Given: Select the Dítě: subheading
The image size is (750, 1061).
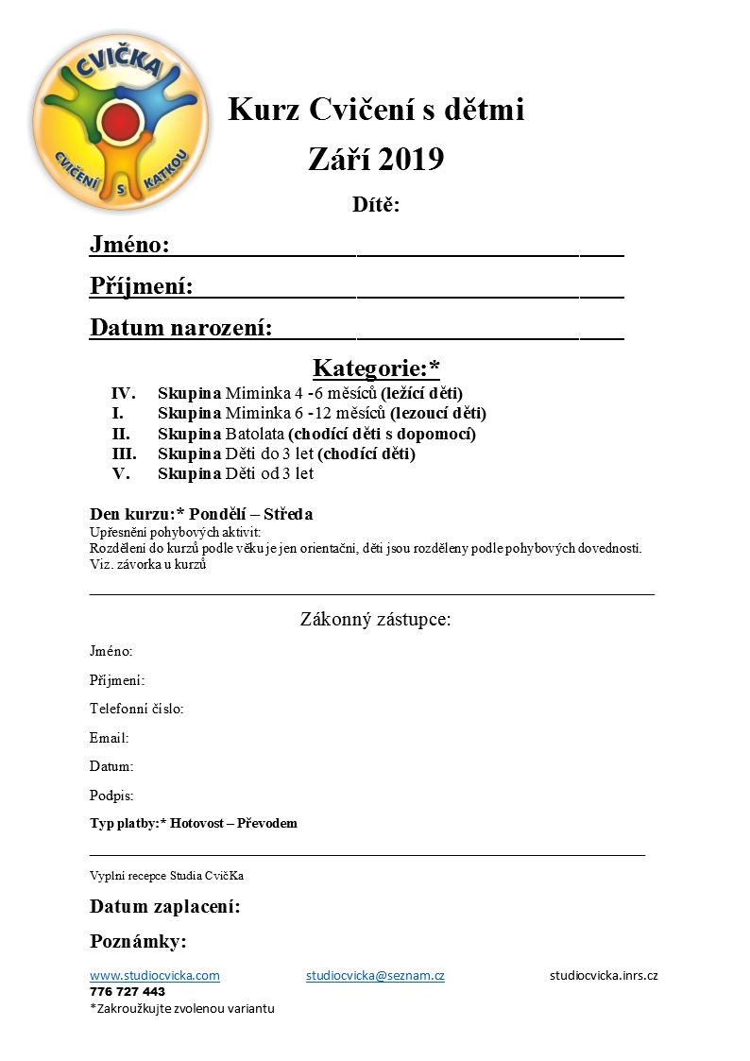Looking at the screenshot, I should point(376,205).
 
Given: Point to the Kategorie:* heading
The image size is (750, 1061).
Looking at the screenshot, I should point(376,367).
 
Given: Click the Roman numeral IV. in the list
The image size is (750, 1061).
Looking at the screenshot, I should point(123,393).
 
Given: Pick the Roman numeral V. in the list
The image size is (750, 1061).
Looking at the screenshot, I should point(121,473).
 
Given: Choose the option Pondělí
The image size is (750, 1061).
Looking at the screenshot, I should point(225,514).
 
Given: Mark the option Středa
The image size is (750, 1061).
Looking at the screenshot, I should point(287,514).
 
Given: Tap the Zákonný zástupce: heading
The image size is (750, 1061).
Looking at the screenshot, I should point(376,620).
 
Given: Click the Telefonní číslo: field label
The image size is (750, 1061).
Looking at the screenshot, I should point(136,709).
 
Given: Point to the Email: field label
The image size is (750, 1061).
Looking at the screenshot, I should point(109,738).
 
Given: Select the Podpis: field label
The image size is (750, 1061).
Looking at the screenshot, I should point(111,796).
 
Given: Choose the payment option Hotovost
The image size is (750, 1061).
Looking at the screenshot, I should point(201,823).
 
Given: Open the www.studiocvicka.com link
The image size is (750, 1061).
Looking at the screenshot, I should point(154,975).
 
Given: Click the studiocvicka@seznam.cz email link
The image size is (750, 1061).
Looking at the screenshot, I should point(375,975).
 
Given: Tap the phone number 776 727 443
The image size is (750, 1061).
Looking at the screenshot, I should point(128,992).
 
